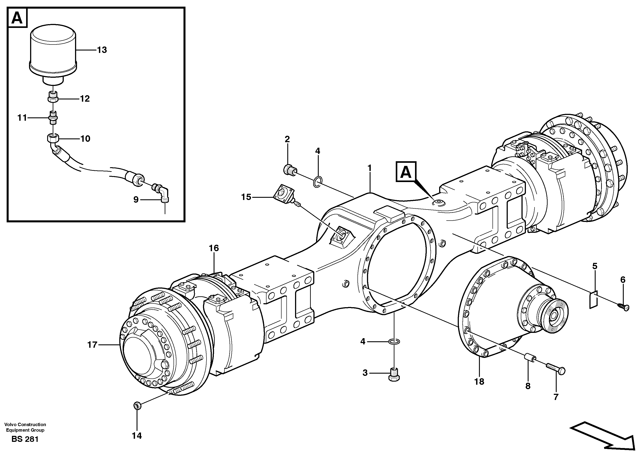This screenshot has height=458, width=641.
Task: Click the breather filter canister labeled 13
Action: coord(53,54)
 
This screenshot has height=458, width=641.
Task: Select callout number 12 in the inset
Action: coord(85,99)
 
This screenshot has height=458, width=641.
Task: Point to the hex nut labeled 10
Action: coord(53,138)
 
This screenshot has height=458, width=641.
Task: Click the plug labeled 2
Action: coord(290,170)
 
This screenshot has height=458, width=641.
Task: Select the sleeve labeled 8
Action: coord(529,361)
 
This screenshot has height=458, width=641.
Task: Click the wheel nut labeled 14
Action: coord(137,406)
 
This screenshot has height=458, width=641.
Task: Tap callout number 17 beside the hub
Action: coord(92,345)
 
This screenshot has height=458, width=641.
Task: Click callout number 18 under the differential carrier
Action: coord(479,382)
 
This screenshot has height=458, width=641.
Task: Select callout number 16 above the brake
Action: coord(214,248)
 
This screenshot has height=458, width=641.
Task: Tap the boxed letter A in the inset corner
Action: coord(17,18)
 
